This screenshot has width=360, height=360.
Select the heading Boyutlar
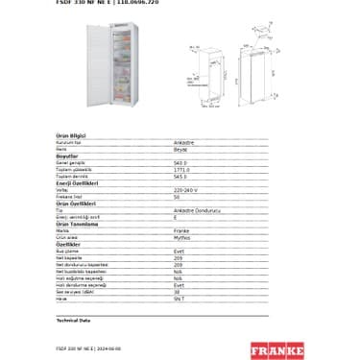66,155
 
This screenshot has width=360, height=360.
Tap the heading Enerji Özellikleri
78,182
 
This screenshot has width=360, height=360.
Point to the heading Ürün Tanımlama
77,224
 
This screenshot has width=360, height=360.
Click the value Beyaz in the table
180,149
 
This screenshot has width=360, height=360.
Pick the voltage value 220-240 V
186,189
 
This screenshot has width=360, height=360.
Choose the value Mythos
181,237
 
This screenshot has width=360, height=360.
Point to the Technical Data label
74,319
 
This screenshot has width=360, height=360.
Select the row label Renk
62,149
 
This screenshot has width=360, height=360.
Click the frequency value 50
177,196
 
